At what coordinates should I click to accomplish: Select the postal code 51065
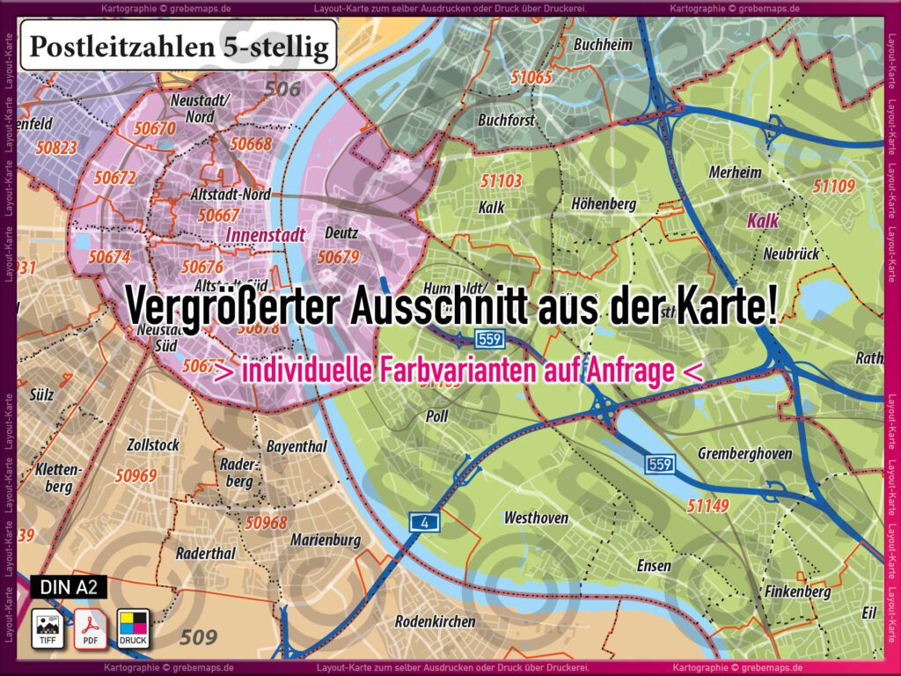pyautogui.click(x=531, y=77)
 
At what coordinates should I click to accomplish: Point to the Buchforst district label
pyautogui.click(x=506, y=120)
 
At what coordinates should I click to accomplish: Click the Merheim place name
pyautogui.click(x=735, y=173)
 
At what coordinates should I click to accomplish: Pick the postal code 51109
pyautogui.click(x=833, y=186)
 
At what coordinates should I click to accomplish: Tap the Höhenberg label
pyautogui.click(x=604, y=204)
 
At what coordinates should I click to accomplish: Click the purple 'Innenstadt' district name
pyautogui.click(x=265, y=235)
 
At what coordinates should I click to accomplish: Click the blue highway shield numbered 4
pyautogui.click(x=425, y=523)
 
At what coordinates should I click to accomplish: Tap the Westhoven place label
pyautogui.click(x=536, y=518)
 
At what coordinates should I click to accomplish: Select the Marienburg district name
pyautogui.click(x=326, y=540)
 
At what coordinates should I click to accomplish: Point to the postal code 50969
pyautogui.click(x=136, y=475)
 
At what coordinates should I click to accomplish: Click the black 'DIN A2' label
pyautogui.click(x=68, y=586)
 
